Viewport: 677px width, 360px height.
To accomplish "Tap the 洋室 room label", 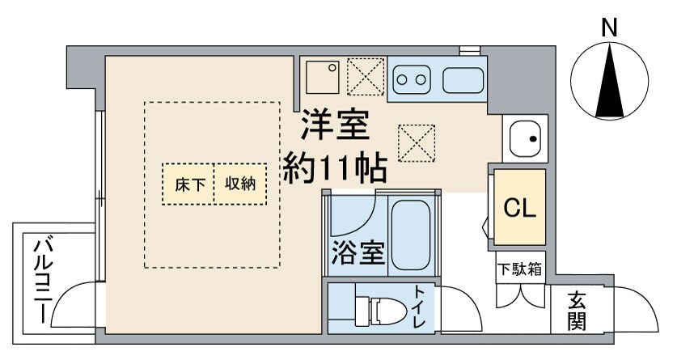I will (x=334, y=125).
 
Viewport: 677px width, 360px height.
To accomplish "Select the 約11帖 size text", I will (x=334, y=167).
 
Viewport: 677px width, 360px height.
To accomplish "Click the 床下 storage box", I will (x=188, y=184).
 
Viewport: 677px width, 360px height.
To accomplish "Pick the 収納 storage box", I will (x=240, y=184).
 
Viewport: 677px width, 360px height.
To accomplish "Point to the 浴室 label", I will (x=357, y=254).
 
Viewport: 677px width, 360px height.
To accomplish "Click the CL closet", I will (x=519, y=208).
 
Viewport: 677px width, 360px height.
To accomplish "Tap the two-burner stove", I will (x=411, y=79).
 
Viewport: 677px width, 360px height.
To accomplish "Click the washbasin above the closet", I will (x=525, y=139).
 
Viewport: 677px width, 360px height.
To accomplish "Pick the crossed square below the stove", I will (x=417, y=143).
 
